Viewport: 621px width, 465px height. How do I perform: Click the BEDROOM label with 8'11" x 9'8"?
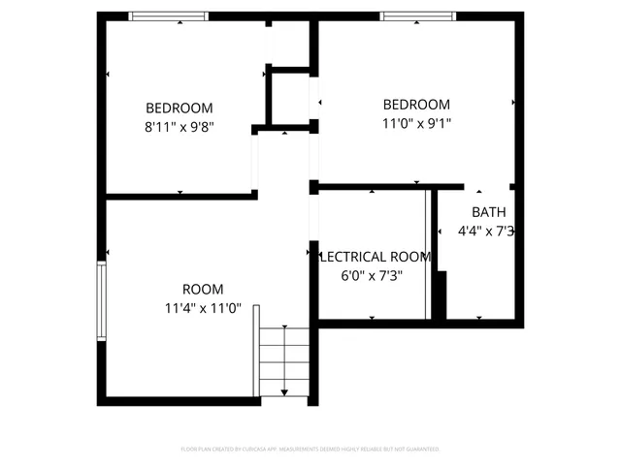pos(180,108)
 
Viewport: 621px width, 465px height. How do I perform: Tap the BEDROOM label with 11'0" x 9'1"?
pos(416,105)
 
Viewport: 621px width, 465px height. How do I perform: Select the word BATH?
pos(488,212)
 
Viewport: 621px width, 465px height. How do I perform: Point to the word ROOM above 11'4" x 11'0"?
pos(203,289)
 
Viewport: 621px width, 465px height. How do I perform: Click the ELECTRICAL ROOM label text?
pos(375,257)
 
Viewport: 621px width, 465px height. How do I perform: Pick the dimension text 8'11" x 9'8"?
pos(180,126)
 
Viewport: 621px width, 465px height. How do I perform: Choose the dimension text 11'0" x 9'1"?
pos(417,123)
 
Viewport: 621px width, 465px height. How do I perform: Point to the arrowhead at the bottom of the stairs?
pos(283,391)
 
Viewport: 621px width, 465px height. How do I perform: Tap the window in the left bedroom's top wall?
pos(169,15)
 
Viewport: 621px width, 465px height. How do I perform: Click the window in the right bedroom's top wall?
pos(417,15)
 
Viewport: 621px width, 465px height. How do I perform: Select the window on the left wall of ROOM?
pos(101,300)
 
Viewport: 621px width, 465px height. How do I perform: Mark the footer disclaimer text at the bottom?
pos(310,449)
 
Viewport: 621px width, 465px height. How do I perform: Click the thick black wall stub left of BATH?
pos(439,295)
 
